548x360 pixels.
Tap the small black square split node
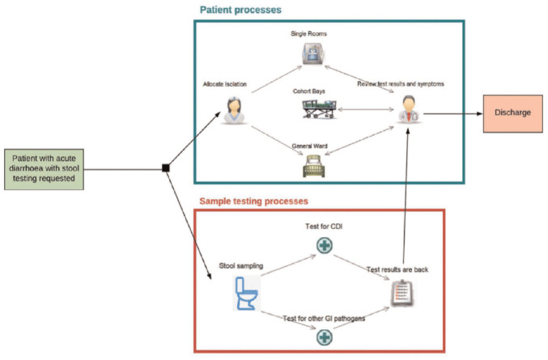point(165,167)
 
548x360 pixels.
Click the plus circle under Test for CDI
point(324,244)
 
